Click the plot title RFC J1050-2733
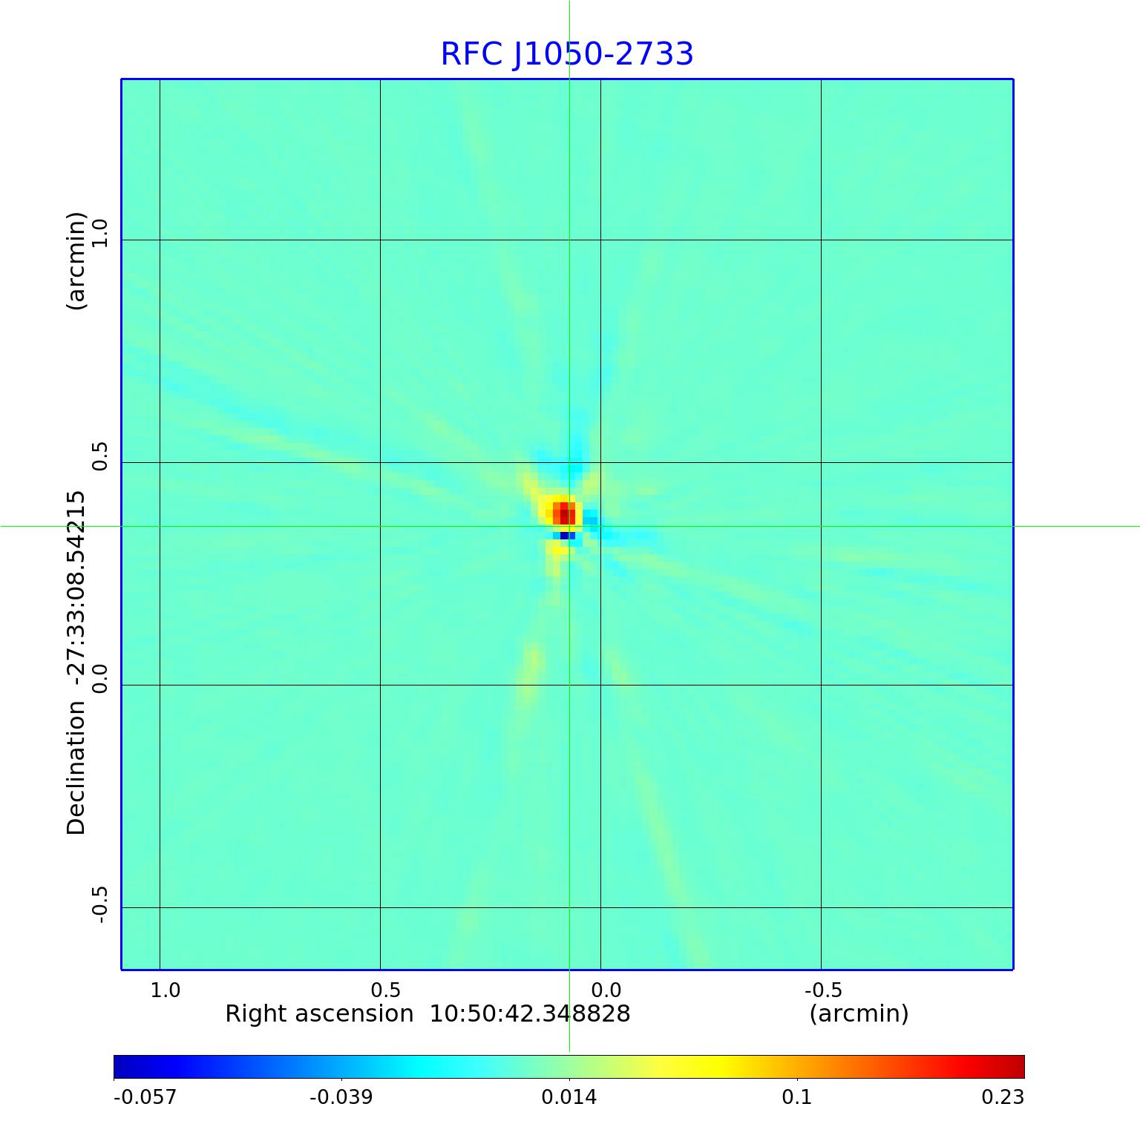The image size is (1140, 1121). pyautogui.click(x=567, y=54)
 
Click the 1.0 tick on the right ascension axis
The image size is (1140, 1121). pyautogui.click(x=165, y=990)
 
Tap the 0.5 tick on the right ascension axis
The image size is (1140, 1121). pyautogui.click(x=385, y=990)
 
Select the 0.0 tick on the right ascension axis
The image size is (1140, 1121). pyautogui.click(x=606, y=990)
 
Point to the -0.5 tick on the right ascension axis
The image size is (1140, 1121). pyautogui.click(x=823, y=990)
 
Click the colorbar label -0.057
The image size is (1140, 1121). pyautogui.click(x=145, y=1097)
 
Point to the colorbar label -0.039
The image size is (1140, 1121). pyautogui.click(x=341, y=1097)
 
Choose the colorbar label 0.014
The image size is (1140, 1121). pyautogui.click(x=569, y=1097)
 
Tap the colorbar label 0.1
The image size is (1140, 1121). pyautogui.click(x=797, y=1097)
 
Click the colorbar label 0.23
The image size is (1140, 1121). pyautogui.click(x=1003, y=1097)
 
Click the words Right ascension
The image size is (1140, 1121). pyautogui.click(x=319, y=1013)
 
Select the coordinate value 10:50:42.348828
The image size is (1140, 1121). pyautogui.click(x=530, y=1013)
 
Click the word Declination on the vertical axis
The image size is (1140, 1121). pyautogui.click(x=76, y=768)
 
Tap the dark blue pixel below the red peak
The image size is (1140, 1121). pyautogui.click(x=564, y=536)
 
